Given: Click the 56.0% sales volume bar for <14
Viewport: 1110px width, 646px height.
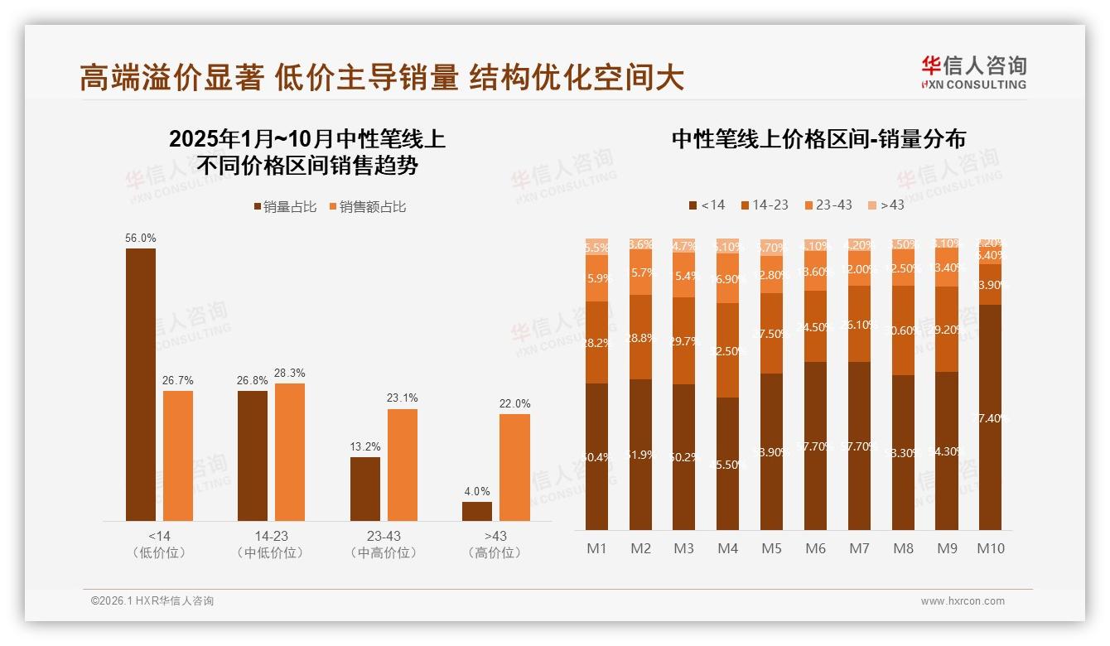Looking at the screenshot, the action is [140, 384].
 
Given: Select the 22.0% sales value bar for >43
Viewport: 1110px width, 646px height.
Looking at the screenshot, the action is [514, 467].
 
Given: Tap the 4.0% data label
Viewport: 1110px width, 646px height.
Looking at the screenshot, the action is [477, 491].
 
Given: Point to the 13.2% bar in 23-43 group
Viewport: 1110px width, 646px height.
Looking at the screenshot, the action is [364, 489].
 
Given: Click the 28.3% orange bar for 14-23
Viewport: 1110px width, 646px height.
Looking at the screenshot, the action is [290, 451].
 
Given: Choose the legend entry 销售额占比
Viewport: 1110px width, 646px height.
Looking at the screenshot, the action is [367, 207].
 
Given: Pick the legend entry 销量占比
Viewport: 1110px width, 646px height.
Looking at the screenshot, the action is [285, 207].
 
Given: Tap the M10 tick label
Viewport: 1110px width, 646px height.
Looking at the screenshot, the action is [990, 548].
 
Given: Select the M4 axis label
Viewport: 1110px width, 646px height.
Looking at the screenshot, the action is [727, 548].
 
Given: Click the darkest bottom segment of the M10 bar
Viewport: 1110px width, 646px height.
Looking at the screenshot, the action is [990, 417].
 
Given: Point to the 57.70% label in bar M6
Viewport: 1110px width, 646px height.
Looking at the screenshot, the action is [815, 446].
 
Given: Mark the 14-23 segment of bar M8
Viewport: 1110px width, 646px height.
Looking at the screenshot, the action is [903, 330].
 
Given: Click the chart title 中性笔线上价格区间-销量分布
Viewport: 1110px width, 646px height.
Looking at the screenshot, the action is [818, 139].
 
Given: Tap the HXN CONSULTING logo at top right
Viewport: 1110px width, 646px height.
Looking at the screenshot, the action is [973, 72].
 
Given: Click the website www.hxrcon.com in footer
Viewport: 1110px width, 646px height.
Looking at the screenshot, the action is [962, 601].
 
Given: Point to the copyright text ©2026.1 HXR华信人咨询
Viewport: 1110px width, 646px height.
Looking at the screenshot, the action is [152, 601].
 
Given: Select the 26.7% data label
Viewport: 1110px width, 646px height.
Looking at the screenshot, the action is [177, 380].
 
